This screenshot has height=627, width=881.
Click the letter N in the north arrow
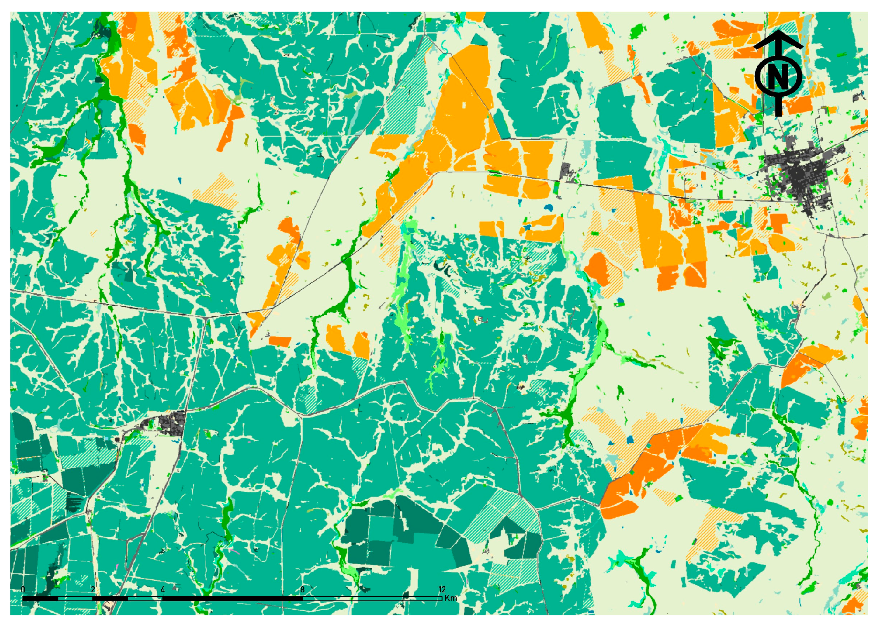778,77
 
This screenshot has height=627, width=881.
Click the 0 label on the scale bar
23,590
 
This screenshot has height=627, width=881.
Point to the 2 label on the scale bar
93,590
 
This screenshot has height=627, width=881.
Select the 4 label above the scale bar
162,590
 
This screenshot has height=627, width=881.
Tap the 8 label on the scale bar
302,590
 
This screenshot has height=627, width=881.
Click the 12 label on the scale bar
442,590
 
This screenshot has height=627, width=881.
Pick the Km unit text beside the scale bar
451,598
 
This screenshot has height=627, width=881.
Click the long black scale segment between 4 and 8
232,598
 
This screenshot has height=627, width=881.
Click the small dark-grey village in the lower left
171,423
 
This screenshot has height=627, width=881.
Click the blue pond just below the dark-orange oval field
620,301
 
